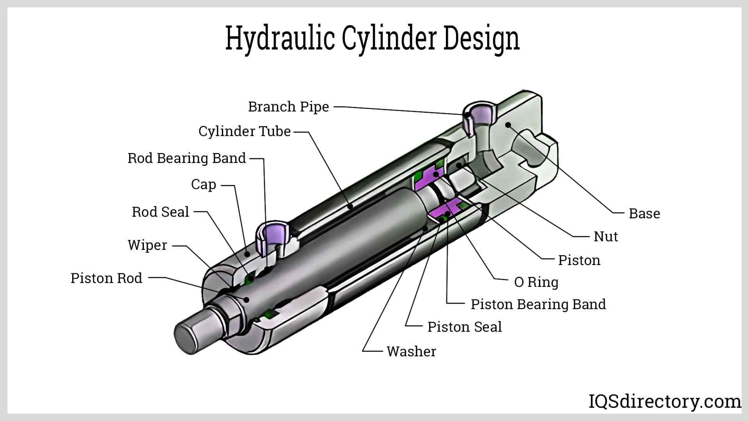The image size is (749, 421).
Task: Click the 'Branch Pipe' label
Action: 288,106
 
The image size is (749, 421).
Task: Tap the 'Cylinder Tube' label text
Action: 244,131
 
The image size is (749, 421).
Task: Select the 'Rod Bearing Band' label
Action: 186,158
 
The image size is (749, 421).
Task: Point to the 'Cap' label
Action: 203,184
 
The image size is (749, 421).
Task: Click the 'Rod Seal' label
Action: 160,212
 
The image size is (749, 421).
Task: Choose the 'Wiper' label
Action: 147,245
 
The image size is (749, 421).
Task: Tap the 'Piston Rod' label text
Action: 106,278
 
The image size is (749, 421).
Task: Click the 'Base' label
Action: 644,214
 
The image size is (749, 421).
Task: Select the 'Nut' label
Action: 605,237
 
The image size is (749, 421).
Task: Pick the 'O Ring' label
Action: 536,282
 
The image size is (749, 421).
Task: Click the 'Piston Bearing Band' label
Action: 538,304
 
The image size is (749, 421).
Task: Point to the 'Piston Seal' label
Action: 464,327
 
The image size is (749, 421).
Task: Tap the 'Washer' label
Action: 411,352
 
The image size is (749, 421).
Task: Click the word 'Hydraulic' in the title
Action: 280,39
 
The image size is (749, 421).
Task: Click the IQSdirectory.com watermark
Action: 664,401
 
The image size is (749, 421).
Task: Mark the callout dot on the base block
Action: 508,125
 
